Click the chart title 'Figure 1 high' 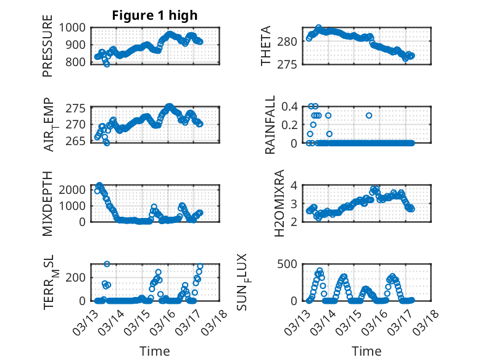pyautogui.click(x=155, y=15)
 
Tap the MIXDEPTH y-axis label pyautogui.click(x=48, y=203)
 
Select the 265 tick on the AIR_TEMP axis pyautogui.click(x=79, y=141)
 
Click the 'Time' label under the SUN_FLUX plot pyautogui.click(x=366, y=351)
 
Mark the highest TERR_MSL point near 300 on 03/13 pyautogui.click(x=107, y=264)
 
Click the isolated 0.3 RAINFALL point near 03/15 pyautogui.click(x=369, y=115)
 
